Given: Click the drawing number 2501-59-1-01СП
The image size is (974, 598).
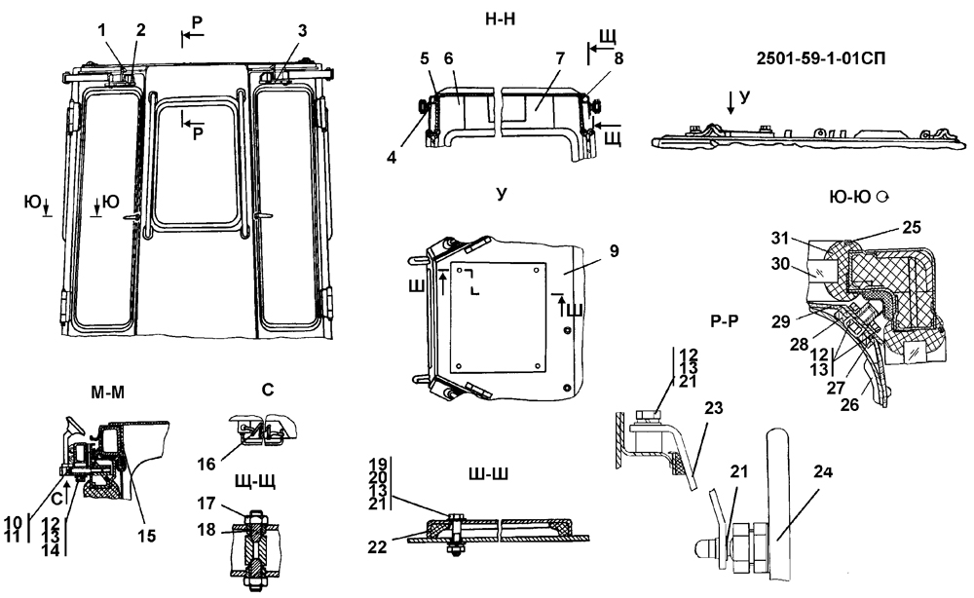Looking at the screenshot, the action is (x=820, y=59).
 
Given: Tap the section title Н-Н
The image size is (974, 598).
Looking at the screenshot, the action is (x=500, y=19).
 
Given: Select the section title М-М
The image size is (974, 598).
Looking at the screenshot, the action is (x=107, y=392).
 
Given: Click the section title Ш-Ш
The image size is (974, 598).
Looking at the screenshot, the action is (x=488, y=474).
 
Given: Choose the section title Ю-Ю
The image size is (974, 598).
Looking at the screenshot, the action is (x=849, y=198).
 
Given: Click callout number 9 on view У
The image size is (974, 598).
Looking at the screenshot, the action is (x=614, y=251).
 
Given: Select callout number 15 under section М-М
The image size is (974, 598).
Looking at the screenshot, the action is (x=147, y=536).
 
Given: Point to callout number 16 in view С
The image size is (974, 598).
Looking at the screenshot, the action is (x=206, y=464).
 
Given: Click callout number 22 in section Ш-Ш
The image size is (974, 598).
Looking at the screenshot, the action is (x=377, y=547).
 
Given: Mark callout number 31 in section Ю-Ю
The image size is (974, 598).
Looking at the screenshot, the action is (x=780, y=238).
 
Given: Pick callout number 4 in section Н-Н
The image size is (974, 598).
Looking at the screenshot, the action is (x=392, y=158).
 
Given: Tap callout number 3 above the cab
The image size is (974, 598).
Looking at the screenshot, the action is (x=302, y=30).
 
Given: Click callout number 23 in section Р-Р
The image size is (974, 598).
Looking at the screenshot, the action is (x=714, y=408).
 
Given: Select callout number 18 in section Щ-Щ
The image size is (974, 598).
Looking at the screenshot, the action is (x=206, y=530).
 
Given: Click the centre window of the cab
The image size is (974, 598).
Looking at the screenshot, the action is (x=197, y=164).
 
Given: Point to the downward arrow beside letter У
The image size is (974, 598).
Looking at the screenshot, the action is (x=730, y=103).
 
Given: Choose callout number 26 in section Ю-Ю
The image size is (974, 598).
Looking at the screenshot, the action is (x=849, y=405).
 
